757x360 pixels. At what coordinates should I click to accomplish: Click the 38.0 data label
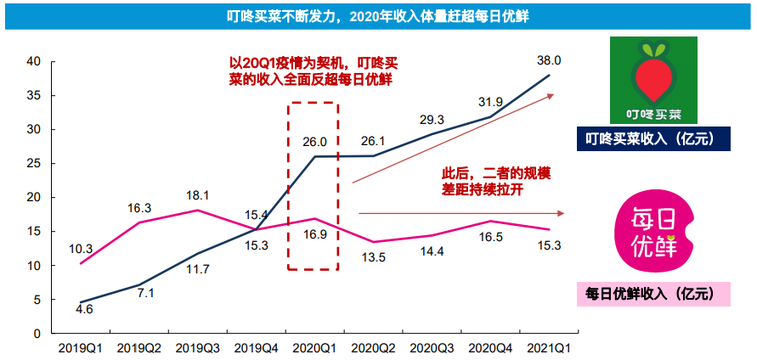pyautogui.click(x=550, y=61)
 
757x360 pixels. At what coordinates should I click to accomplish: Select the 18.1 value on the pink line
pyautogui.click(x=197, y=194)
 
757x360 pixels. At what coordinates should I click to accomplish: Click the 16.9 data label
pyautogui.click(x=314, y=235)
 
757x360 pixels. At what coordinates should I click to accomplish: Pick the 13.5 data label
pyautogui.click(x=374, y=257)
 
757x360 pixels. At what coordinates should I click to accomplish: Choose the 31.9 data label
pyautogui.click(x=490, y=102)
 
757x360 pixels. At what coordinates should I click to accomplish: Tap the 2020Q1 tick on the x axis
pyautogui.click(x=314, y=347)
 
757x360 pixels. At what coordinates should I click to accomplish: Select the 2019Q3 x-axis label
pyautogui.click(x=197, y=347)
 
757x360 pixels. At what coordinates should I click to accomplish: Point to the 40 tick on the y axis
pyautogui.click(x=34, y=61)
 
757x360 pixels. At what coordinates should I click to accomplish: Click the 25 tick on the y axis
pyautogui.click(x=34, y=163)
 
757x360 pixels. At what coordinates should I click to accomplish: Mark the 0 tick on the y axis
pyautogui.click(x=37, y=334)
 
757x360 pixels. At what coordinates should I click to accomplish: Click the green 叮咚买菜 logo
pyautogui.click(x=653, y=81)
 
